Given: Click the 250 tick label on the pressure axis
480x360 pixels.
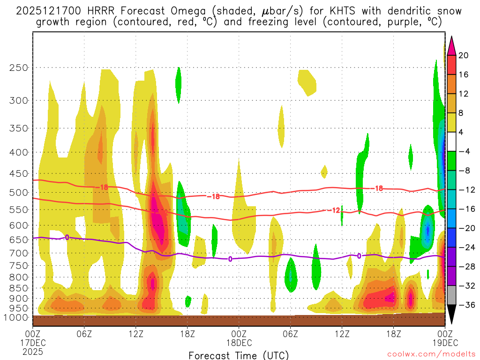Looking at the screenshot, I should click(x=19, y=67).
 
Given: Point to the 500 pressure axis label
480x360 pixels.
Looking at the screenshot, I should click(x=19, y=193).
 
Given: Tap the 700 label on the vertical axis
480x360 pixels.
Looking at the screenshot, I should click(x=19, y=253).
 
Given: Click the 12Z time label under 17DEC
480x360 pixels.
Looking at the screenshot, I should click(x=136, y=334).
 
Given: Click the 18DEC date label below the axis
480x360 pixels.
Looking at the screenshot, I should click(x=239, y=343).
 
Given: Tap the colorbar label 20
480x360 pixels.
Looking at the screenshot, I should click(x=464, y=55).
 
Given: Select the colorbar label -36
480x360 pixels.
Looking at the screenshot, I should click(x=465, y=305).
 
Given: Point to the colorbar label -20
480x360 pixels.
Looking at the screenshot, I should click(x=465, y=228).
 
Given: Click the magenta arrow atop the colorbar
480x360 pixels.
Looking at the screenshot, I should click(x=452, y=46).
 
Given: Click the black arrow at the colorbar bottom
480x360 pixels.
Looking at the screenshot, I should click(x=452, y=317).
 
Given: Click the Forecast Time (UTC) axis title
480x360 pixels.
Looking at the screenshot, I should click(x=239, y=355).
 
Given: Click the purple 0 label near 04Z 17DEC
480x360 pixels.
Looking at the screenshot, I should click(x=67, y=237).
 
